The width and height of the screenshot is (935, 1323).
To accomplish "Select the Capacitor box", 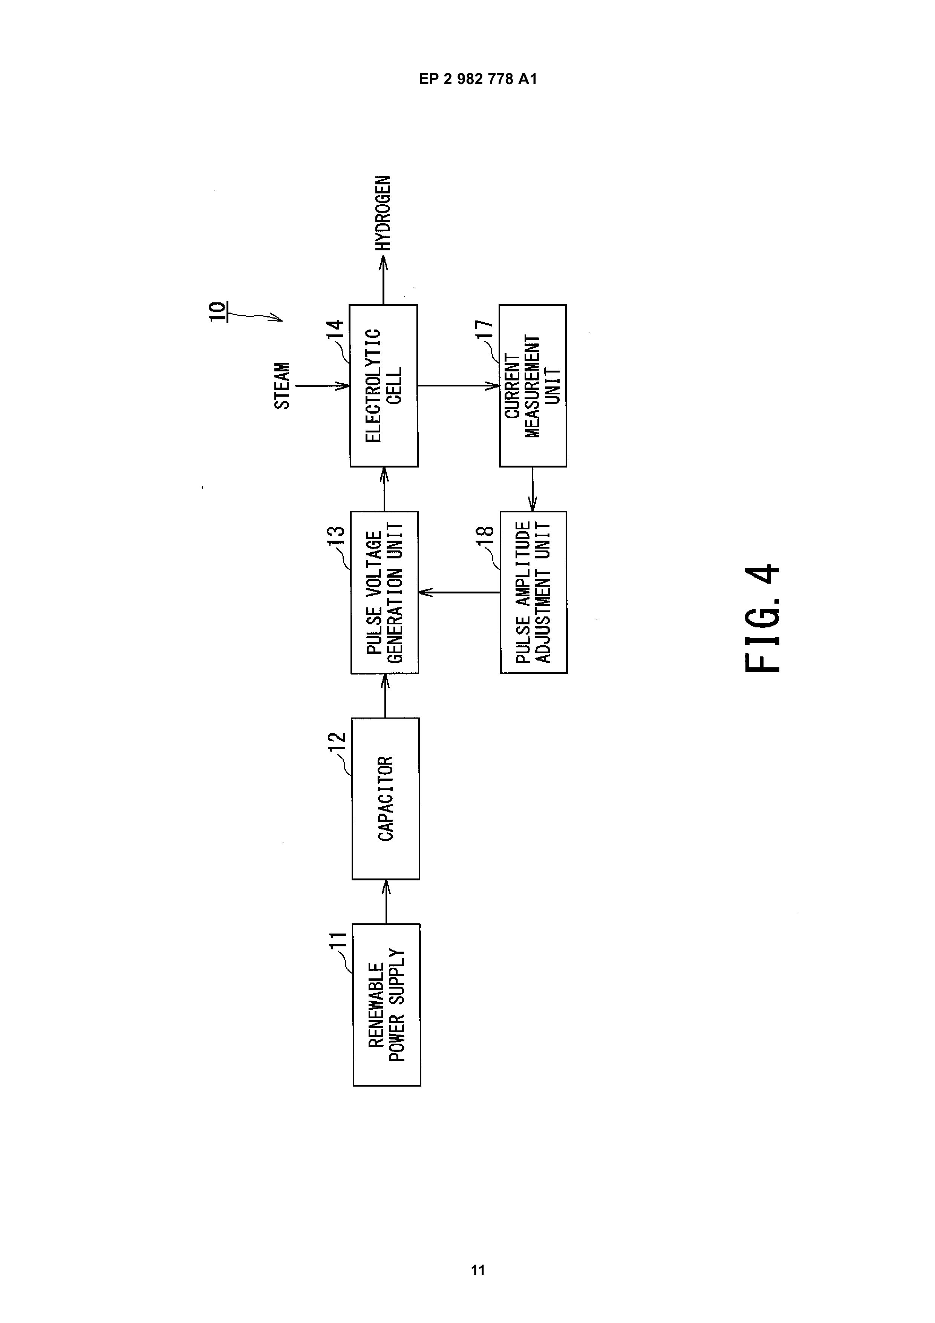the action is (x=386, y=799).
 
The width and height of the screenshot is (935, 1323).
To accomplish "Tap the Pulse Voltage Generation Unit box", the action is (x=384, y=592).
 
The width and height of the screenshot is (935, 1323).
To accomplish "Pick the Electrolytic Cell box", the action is (x=384, y=385).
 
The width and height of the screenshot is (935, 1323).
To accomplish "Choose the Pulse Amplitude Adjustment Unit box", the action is (x=534, y=592).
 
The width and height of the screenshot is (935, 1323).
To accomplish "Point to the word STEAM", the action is (x=282, y=385).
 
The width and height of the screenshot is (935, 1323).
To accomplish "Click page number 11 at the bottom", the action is (x=478, y=1270).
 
